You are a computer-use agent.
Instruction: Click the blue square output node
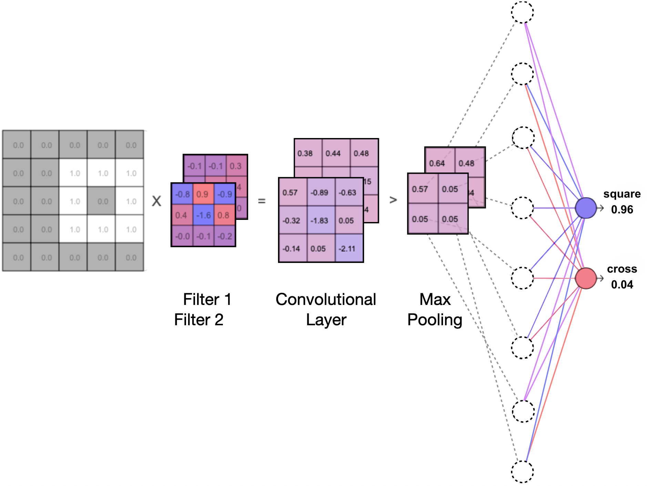tap(585, 208)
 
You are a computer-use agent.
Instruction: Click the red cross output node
tap(585, 278)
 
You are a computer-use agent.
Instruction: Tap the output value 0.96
tap(622, 210)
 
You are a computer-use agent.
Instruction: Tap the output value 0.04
tap(622, 285)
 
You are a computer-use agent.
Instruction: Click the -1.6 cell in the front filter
tap(203, 215)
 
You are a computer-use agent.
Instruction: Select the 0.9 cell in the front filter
tap(203, 194)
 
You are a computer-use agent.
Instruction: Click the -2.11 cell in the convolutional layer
tap(348, 249)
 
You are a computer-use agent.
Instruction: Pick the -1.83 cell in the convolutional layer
tap(320, 221)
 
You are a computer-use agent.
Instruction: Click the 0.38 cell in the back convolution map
tap(305, 154)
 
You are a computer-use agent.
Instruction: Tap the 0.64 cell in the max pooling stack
tap(437, 163)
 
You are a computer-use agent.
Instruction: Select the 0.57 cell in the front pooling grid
tap(420, 189)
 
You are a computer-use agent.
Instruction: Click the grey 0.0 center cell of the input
tap(103, 201)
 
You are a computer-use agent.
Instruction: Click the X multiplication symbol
tap(156, 201)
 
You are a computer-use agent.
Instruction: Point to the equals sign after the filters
tap(262, 201)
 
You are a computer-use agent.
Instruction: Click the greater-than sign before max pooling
tap(393, 200)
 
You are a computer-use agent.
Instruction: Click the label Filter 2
tap(199, 320)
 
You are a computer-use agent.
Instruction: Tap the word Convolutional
tap(326, 299)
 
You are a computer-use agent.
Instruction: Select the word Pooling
tap(434, 320)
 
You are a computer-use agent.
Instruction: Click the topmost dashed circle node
tap(522, 12)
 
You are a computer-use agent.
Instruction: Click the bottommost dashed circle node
tap(522, 472)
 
